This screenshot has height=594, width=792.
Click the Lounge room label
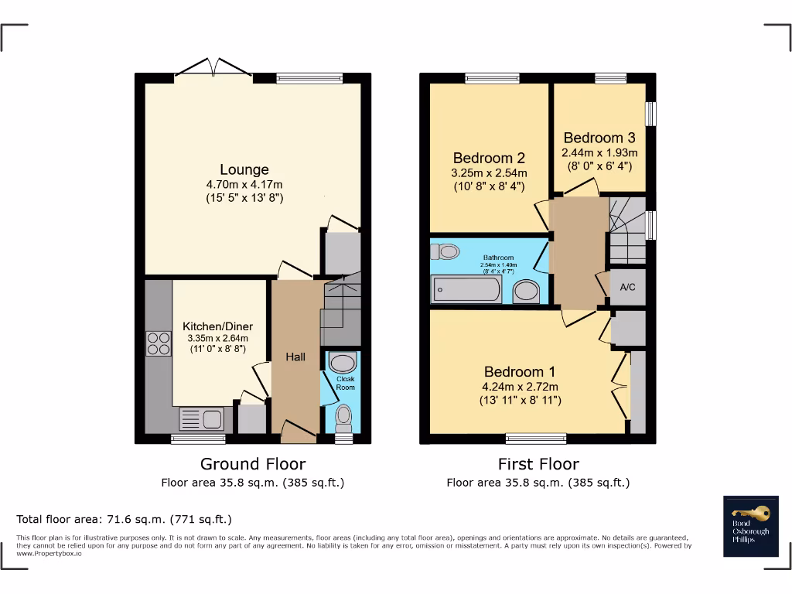point(244,169)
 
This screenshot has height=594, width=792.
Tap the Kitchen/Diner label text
point(217,326)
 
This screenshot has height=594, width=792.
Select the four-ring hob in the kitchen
point(159,343)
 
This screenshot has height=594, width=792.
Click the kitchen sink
point(201,419)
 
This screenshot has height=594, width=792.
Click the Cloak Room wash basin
point(341,362)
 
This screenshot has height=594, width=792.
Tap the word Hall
point(295,357)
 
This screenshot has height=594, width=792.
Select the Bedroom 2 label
point(489,158)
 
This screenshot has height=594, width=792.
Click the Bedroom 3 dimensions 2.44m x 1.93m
point(599,152)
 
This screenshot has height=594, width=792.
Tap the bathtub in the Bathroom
point(466,290)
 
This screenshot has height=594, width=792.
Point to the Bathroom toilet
point(446,251)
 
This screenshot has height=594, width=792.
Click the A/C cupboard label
point(628,287)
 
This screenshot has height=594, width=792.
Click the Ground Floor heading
point(253,464)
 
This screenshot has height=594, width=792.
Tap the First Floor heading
point(538,464)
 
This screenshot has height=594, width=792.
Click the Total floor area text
point(124,519)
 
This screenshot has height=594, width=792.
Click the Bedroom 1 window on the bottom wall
point(536,438)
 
